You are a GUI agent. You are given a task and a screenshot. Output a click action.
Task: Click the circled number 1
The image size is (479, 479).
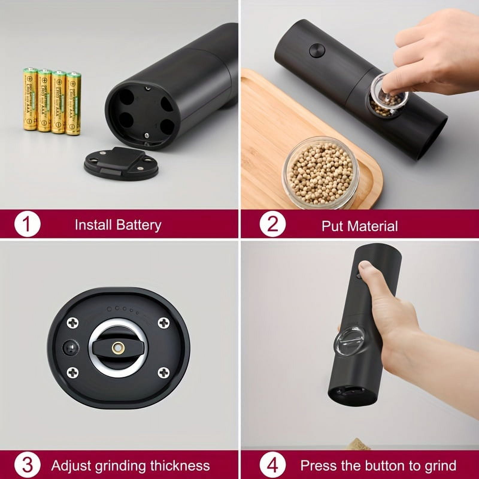pos(27,224)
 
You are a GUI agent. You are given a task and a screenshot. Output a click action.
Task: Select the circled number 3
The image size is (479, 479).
pos(27,465)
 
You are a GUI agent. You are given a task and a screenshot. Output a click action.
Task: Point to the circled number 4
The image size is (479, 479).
pos(272,465)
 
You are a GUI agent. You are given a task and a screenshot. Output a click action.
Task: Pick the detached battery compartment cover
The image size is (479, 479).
pos(121,163)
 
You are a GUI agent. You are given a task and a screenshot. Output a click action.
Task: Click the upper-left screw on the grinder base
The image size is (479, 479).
pos(72,323)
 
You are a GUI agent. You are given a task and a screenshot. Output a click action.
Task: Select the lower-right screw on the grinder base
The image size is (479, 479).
pos(163,372)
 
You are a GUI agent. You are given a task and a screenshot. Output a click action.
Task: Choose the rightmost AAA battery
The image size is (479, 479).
pos(73,103)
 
